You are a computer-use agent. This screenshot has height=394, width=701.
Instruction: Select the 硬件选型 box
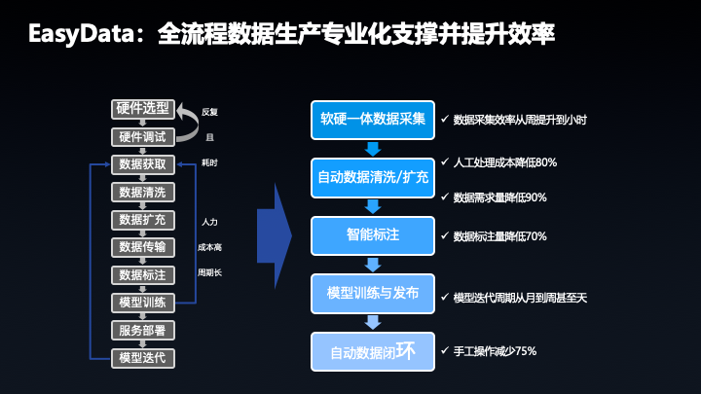tap(142, 109)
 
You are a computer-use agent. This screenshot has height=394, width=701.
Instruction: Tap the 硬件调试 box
tap(142, 136)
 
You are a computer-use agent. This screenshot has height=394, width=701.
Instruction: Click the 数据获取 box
tap(142, 164)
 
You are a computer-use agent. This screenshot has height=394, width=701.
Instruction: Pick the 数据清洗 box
tap(142, 192)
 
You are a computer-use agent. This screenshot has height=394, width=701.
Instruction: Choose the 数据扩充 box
tap(142, 219)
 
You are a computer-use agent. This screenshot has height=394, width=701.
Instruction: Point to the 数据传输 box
tap(142, 246)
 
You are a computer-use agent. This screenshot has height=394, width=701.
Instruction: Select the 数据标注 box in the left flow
tap(142, 274)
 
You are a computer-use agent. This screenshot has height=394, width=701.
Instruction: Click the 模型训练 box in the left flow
tap(142, 302)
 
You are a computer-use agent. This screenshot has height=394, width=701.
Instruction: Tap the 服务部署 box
tap(142, 330)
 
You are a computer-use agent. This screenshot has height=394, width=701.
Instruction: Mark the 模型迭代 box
tap(142, 357)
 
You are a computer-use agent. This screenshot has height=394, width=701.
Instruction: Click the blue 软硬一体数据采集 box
tap(372, 120)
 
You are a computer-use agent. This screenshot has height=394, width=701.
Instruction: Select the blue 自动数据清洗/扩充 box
tap(372, 178)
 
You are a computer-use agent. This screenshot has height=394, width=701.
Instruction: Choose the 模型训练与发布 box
tap(372, 294)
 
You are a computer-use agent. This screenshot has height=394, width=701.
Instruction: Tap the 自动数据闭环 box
tap(372, 351)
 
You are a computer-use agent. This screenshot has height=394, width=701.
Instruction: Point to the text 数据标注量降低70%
tap(499, 236)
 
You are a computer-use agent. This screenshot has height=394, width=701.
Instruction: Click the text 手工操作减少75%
tap(495, 350)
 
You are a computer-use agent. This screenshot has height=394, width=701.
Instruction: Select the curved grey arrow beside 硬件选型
tap(184, 121)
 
